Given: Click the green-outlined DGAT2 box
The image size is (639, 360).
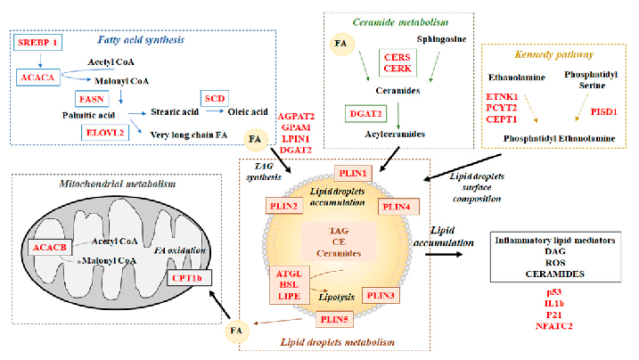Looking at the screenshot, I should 366,113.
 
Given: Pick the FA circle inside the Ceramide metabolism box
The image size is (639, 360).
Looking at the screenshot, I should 341,40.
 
